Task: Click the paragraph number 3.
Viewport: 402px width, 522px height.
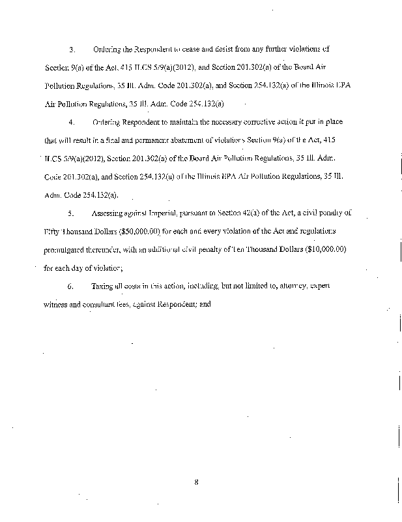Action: click(x=72, y=49)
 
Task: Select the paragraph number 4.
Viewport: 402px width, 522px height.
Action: click(x=72, y=121)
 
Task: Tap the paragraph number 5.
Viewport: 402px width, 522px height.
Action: click(x=72, y=213)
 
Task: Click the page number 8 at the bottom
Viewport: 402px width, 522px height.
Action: click(x=195, y=482)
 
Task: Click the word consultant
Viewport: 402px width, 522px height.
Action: click(x=100, y=304)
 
